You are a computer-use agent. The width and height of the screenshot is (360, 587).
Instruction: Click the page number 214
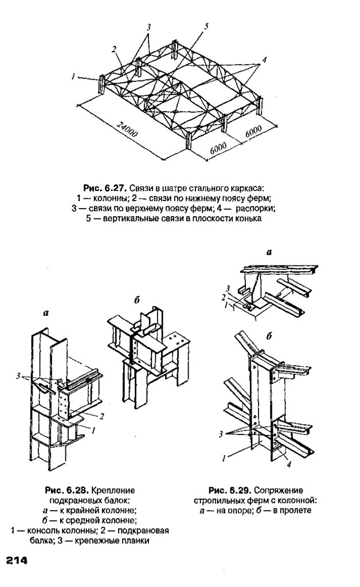click(17, 560)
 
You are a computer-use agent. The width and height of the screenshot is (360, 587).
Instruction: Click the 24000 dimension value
click(127, 129)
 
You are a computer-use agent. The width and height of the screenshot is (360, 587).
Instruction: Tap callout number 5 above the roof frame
click(206, 26)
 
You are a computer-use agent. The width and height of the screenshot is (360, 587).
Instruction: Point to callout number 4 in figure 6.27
click(264, 60)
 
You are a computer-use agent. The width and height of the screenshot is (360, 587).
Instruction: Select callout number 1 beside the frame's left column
click(75, 76)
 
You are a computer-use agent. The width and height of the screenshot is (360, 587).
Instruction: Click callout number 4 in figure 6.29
click(289, 465)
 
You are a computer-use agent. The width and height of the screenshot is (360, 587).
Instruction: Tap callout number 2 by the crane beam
click(101, 416)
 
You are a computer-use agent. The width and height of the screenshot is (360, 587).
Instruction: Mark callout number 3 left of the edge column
click(18, 375)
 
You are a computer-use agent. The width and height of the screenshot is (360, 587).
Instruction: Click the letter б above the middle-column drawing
click(137, 300)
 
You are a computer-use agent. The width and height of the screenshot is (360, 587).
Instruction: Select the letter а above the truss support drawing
click(269, 252)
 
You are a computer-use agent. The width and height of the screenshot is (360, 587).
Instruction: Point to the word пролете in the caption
click(296, 510)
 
